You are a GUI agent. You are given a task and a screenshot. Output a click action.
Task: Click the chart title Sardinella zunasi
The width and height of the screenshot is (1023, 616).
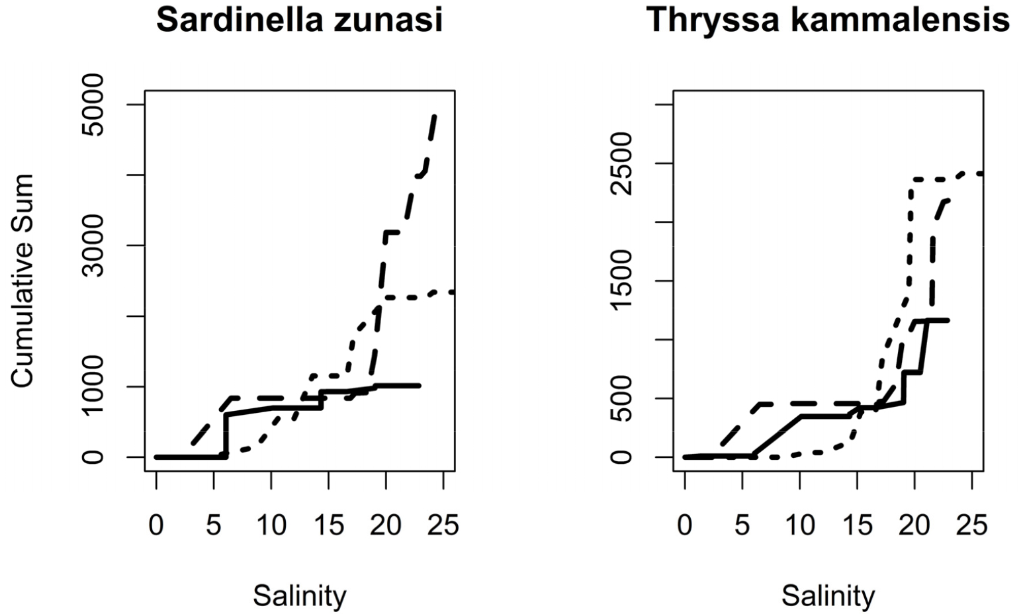tap(299, 21)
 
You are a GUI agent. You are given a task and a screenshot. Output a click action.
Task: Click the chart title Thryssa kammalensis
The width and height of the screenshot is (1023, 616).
tap(828, 21)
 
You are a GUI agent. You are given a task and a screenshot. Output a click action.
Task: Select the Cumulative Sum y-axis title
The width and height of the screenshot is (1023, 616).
tap(23, 281)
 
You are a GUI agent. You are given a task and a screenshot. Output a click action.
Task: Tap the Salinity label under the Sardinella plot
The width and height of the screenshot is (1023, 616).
tap(299, 596)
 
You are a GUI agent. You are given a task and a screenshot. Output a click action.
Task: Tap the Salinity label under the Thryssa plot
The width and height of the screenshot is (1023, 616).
tap(828, 596)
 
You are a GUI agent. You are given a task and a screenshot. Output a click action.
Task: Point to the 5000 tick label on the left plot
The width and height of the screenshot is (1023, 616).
tap(93, 105)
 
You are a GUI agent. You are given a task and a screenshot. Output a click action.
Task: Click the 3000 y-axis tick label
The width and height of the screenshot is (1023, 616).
tap(93, 245)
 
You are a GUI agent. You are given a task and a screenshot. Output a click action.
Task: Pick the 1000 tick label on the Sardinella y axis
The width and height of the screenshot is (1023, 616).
tap(93, 386)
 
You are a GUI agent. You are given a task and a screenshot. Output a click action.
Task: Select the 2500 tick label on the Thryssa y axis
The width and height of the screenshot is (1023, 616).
tap(622, 163)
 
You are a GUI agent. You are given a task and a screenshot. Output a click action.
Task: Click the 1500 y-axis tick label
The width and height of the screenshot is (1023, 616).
tap(622, 281)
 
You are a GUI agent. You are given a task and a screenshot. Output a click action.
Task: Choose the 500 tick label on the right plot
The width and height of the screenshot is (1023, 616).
tap(622, 398)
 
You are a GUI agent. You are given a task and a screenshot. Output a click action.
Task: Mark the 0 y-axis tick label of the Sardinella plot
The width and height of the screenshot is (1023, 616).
tap(93, 457)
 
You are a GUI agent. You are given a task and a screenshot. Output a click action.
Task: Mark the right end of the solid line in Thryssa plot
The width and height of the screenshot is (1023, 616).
tap(948, 320)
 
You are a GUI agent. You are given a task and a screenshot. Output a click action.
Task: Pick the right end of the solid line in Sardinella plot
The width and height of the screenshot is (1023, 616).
tap(420, 385)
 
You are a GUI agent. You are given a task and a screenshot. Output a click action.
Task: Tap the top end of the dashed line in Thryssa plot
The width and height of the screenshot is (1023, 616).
tap(948, 200)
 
